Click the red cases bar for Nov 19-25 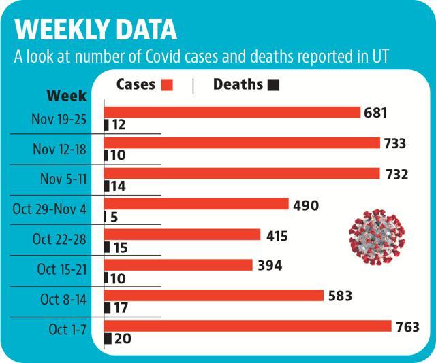pos(232,112)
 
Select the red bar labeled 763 pos(248,326)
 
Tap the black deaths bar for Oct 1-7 pos(108,339)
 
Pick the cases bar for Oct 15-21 pos(178,264)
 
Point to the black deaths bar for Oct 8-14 pos(108,308)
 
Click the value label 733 pos(395,143)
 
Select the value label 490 pos(306,205)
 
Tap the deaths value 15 pos(121,247)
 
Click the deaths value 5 pos(114,217)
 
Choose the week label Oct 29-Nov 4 pos(50,209)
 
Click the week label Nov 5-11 pos(63,179)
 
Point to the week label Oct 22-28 pos(59,239)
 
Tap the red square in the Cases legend pos(167,85)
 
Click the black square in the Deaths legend pos(273,85)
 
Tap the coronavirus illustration pos(377,237)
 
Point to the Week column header pos(67,96)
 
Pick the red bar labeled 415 pos(182,235)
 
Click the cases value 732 pos(396,175)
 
